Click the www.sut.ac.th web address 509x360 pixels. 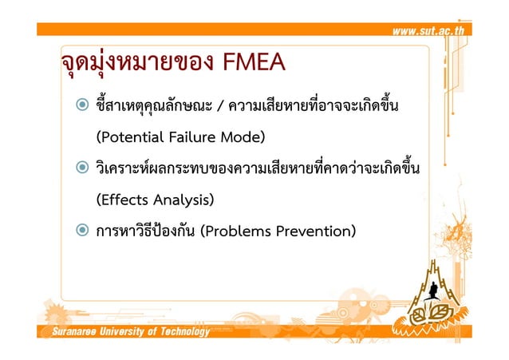point(432,30)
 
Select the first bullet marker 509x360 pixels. point(82,105)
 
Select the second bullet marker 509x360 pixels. point(82,168)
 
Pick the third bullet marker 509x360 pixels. point(82,231)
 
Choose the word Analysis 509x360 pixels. point(183,200)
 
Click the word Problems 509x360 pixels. point(239,231)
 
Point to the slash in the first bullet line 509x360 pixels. point(221,105)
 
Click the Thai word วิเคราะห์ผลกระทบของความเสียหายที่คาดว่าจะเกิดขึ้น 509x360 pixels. point(257,168)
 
